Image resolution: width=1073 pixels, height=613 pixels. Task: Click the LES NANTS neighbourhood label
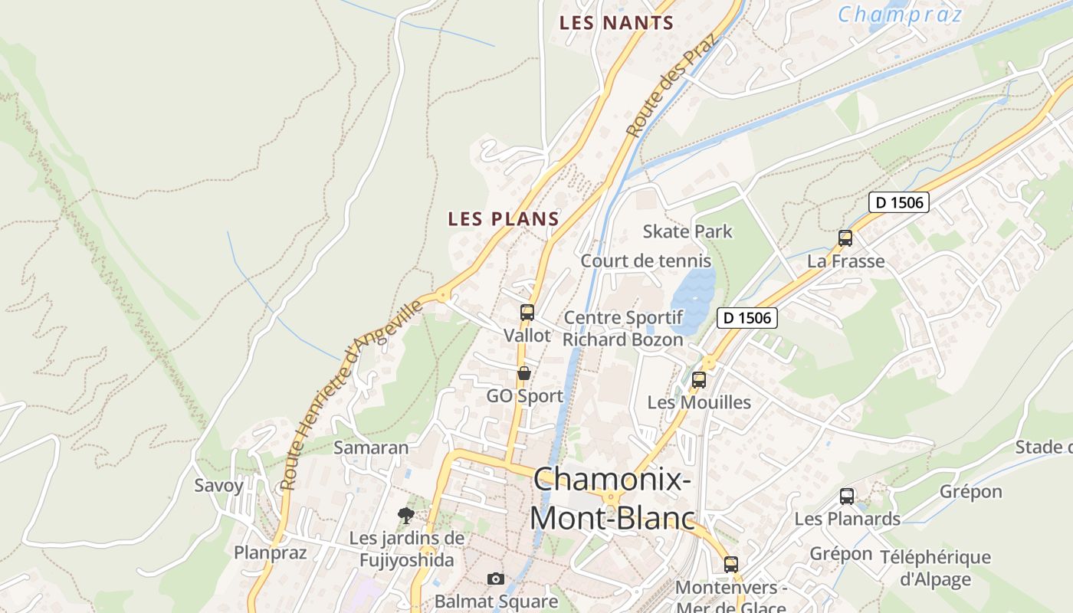click(x=616, y=23)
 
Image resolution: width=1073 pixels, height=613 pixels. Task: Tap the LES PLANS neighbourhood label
click(x=504, y=219)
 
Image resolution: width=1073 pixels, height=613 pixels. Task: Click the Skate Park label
click(x=687, y=231)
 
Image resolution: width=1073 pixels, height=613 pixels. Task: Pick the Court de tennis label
click(x=645, y=261)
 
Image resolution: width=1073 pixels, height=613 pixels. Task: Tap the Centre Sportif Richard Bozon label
click(x=623, y=329)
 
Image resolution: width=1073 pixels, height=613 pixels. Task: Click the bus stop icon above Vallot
click(x=527, y=313)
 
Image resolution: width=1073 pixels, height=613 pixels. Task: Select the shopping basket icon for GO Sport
click(x=524, y=373)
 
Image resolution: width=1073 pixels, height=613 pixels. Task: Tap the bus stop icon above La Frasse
click(x=845, y=238)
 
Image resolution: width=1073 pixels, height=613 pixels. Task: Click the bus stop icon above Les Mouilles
click(x=699, y=379)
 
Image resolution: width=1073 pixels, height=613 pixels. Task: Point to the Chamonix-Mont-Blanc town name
click(x=613, y=499)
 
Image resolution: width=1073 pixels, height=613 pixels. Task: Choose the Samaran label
click(x=371, y=447)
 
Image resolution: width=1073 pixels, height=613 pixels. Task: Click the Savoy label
click(x=218, y=485)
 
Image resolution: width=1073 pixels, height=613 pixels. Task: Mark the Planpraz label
click(x=270, y=552)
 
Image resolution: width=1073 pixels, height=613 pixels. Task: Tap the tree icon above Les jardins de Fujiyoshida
click(x=406, y=515)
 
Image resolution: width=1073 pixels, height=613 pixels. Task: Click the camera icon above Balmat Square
click(x=496, y=579)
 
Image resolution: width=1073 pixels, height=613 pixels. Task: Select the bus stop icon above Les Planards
click(x=847, y=497)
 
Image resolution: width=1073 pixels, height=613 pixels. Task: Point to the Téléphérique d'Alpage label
click(x=935, y=568)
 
